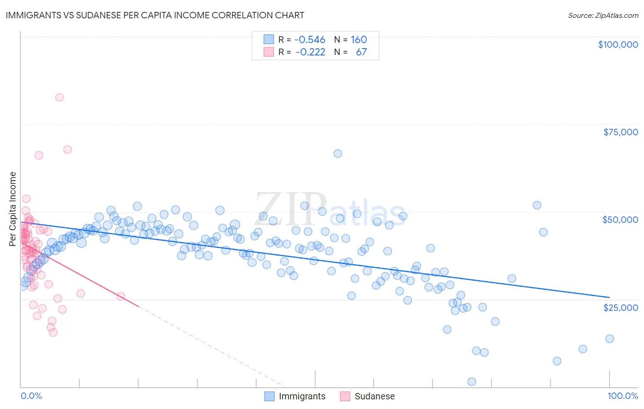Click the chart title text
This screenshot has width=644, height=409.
[155, 15]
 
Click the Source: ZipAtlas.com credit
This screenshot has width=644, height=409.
[603, 15]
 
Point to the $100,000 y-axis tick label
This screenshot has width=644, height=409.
[617, 44]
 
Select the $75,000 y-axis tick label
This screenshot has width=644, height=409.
[620, 132]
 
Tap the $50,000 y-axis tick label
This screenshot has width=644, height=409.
[620, 220]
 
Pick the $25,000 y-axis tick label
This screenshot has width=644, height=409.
[620, 307]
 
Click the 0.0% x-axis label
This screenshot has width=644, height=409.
[31, 396]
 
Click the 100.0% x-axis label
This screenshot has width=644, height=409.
[622, 396]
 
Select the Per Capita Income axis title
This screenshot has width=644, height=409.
[13, 209]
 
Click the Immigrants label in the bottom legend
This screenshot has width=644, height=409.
[302, 396]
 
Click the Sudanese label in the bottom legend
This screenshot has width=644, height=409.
[374, 396]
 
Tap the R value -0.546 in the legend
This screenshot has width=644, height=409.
[310, 39]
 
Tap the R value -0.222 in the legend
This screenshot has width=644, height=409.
[310, 52]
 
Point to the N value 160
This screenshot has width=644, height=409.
[359, 39]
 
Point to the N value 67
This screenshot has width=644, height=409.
[361, 52]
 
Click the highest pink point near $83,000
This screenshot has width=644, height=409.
[60, 97]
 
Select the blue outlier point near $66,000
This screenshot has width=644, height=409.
[338, 154]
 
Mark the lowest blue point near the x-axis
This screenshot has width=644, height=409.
[471, 381]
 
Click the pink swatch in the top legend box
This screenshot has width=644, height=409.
[268, 52]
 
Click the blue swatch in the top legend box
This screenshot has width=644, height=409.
[268, 39]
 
